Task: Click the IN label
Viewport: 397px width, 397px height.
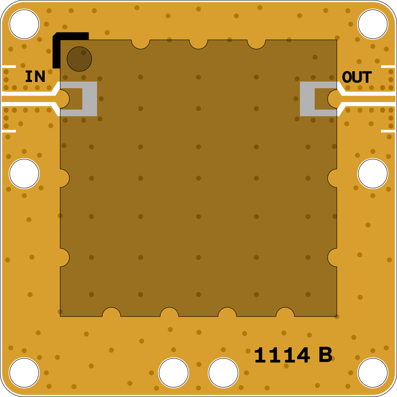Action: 35,76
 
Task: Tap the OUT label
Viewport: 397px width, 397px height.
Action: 357,77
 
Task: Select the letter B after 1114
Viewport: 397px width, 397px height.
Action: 325,355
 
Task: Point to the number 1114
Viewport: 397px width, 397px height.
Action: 282,355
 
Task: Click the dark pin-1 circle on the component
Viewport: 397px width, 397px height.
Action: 79,59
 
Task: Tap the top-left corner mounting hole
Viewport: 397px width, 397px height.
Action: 24,24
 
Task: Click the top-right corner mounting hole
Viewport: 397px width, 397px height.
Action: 373,24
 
